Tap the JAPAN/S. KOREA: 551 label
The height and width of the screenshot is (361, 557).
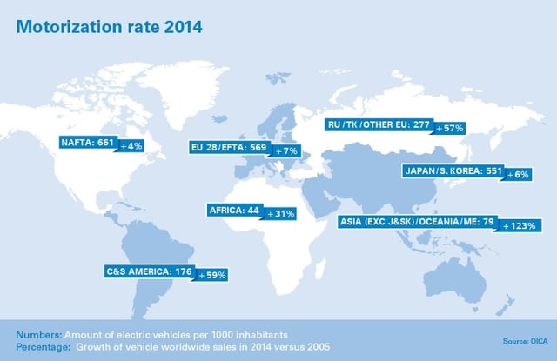tap(443, 171)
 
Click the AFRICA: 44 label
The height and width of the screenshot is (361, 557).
tap(234, 211)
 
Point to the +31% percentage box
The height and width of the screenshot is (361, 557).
tap(281, 211)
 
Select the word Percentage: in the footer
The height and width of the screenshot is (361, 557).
tap(41, 344)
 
